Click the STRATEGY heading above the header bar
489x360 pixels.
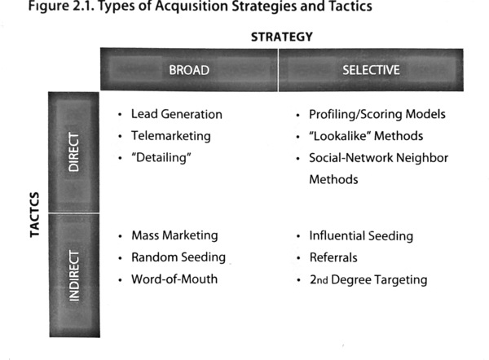[x=282, y=37]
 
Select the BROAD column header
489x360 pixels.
[x=189, y=70]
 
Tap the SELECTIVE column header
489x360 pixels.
[x=371, y=70]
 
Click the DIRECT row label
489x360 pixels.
[x=73, y=151]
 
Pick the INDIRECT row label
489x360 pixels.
[x=74, y=275]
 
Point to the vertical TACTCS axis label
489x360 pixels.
[x=34, y=215]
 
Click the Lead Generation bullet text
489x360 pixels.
[x=177, y=114]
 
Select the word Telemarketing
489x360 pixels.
[x=171, y=136]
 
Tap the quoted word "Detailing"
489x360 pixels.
[x=161, y=158]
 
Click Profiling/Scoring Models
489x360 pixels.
[x=377, y=114]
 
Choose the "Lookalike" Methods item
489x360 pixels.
[x=366, y=136]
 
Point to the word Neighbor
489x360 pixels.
[x=422, y=158]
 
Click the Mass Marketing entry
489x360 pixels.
[x=174, y=235]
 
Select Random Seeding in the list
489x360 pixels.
[x=178, y=257]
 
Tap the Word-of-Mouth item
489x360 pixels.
[x=174, y=279]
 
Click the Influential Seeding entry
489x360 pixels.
[x=361, y=236]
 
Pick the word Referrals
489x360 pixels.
[x=333, y=257]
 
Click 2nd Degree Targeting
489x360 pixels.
[x=368, y=280]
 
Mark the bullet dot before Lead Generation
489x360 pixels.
[x=120, y=115]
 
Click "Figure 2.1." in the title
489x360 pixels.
[x=61, y=7]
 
